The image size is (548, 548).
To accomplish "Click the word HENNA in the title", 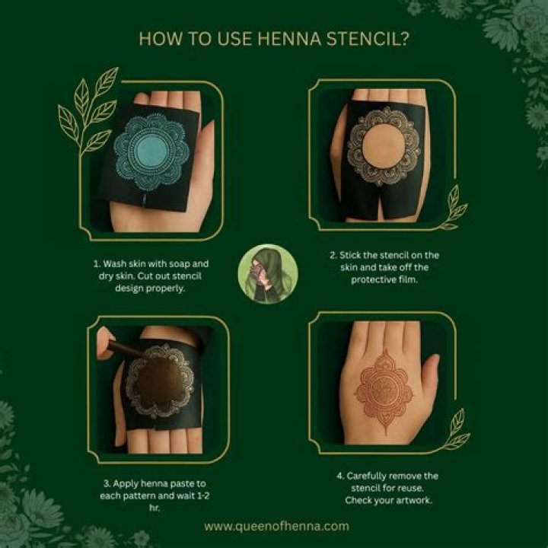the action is (289, 39).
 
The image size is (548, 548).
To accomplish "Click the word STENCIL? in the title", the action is (368, 39).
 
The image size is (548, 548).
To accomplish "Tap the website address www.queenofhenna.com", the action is (276, 527).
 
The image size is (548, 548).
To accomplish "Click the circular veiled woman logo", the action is (268, 274).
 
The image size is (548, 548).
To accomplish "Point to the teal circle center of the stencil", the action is (151, 151).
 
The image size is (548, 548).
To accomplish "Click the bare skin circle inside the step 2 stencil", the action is (384, 146).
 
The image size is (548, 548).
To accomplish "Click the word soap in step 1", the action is (179, 264).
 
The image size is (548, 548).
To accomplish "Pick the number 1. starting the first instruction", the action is (97, 264).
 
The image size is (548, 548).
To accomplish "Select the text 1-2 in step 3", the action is (202, 495).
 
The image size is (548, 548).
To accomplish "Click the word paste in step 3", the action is (184, 484).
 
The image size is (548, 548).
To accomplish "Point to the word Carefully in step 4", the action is (366, 476).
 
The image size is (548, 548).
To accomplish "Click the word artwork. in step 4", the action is (416, 501).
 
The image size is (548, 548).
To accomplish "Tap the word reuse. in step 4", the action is (411, 488).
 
